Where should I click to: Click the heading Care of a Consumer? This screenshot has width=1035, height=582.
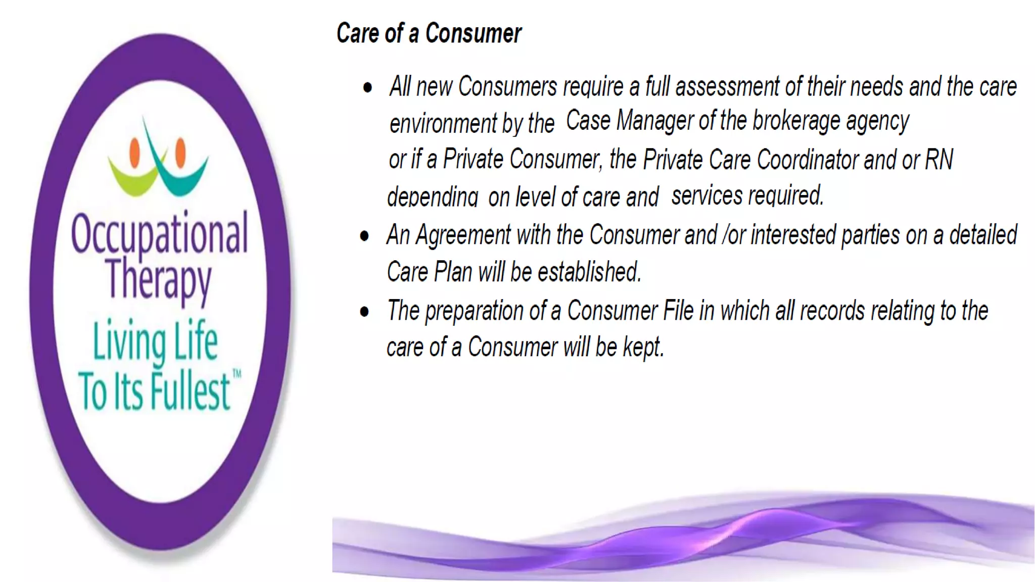[429, 34]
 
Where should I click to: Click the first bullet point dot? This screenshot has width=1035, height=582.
[367, 88]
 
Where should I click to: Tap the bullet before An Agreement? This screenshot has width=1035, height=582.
[364, 236]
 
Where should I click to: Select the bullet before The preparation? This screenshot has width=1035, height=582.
[364, 312]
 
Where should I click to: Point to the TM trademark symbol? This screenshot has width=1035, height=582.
[237, 374]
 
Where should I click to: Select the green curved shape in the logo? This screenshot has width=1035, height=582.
[132, 178]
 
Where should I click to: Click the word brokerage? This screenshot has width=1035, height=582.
[796, 121]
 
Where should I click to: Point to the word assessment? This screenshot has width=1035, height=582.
[727, 87]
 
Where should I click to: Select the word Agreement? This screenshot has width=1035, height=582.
[463, 235]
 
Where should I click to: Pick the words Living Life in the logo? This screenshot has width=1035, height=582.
[155, 342]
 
